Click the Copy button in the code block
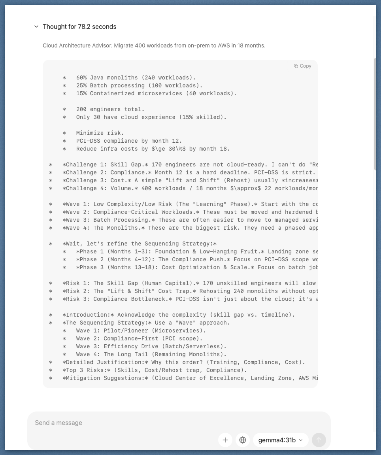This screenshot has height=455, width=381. click(303, 66)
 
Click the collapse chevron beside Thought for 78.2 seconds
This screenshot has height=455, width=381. click(36, 26)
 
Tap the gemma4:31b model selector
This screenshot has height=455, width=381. click(280, 440)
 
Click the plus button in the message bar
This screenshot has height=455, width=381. click(225, 440)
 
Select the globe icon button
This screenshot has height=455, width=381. click(243, 440)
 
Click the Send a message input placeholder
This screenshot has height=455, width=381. click(58, 423)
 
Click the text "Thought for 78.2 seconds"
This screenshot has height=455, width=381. click(79, 26)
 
